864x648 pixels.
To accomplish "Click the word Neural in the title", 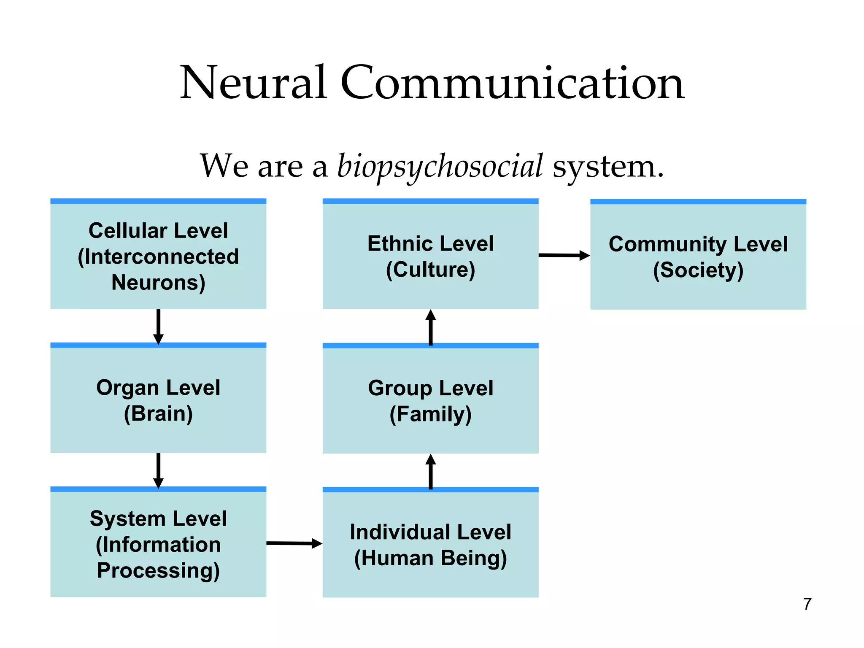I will tap(253, 83).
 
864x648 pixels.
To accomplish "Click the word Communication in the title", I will tap(512, 83).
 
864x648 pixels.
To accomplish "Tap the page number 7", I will tap(807, 604).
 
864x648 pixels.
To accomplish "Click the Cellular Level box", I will tap(158, 256).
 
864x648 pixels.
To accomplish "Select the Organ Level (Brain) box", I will tap(158, 400).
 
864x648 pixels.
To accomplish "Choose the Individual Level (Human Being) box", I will tap(430, 544).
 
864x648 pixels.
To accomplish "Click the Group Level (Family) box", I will tap(430, 400).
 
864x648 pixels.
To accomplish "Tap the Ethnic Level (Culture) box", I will tap(430, 256).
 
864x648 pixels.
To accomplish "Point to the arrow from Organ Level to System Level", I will tap(158, 470).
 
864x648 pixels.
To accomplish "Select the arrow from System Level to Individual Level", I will tap(294, 543).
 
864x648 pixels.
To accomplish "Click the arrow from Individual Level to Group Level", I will tap(430, 471).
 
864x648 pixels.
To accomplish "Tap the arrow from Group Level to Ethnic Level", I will tap(430, 327).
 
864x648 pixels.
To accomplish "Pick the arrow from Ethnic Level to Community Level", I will tap(564, 255).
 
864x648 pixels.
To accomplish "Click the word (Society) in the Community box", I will tap(698, 270).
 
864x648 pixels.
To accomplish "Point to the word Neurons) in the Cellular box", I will tap(158, 283).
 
